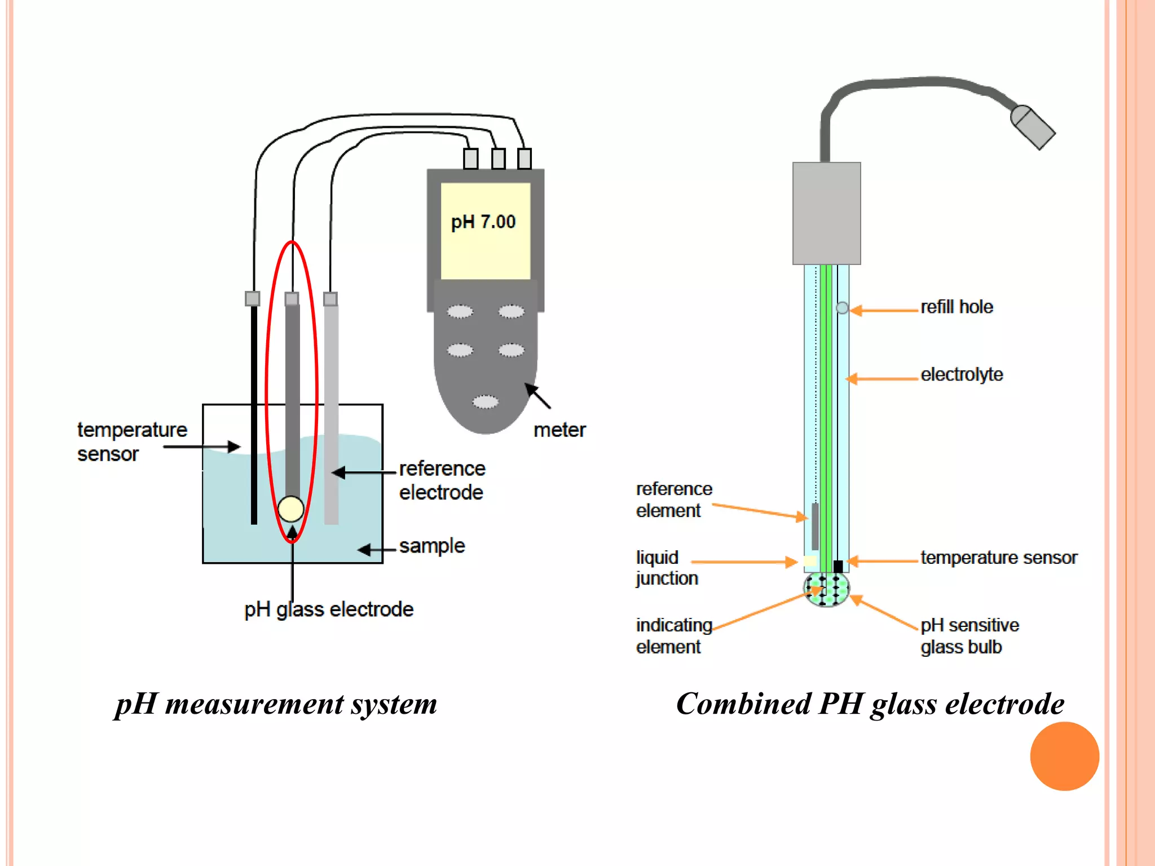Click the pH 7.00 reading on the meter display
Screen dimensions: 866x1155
[483, 222]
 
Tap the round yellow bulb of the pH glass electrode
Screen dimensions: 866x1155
[291, 509]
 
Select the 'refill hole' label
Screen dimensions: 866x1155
[956, 307]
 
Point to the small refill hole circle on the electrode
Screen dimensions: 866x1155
[842, 308]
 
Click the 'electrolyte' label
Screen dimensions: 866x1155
[962, 375]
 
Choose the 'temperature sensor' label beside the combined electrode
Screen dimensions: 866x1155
[999, 558]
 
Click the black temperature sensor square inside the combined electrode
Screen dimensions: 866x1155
[838, 566]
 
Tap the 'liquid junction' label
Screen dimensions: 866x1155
[667, 568]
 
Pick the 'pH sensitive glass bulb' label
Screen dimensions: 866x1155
[969, 636]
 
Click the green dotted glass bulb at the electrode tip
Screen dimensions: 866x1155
[827, 590]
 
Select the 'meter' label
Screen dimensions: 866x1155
[559, 430]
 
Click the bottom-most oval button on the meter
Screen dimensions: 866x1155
[485, 402]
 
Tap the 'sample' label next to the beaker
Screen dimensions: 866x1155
[432, 546]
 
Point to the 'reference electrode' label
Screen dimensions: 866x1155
[442, 480]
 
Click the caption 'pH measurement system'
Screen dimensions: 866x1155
[276, 704]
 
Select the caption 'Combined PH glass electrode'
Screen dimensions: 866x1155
[870, 704]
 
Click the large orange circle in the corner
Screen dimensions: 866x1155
[1064, 756]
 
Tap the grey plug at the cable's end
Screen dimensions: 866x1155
[1033, 127]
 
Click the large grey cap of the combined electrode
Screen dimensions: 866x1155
[826, 213]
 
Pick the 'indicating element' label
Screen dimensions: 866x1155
[673, 636]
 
